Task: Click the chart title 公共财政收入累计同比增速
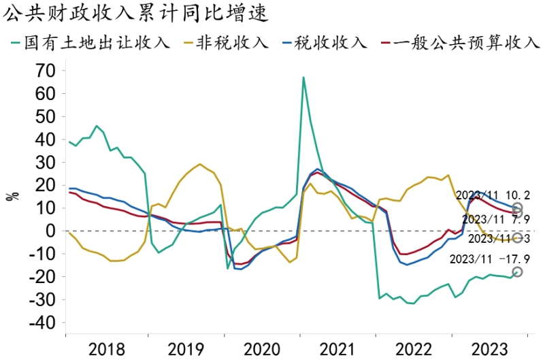click(x=136, y=12)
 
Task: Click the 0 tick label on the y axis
click(x=50, y=231)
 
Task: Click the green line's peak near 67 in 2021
click(x=303, y=77)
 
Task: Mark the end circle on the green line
click(x=517, y=272)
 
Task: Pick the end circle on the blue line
click(x=517, y=208)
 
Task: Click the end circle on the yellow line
click(x=517, y=238)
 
